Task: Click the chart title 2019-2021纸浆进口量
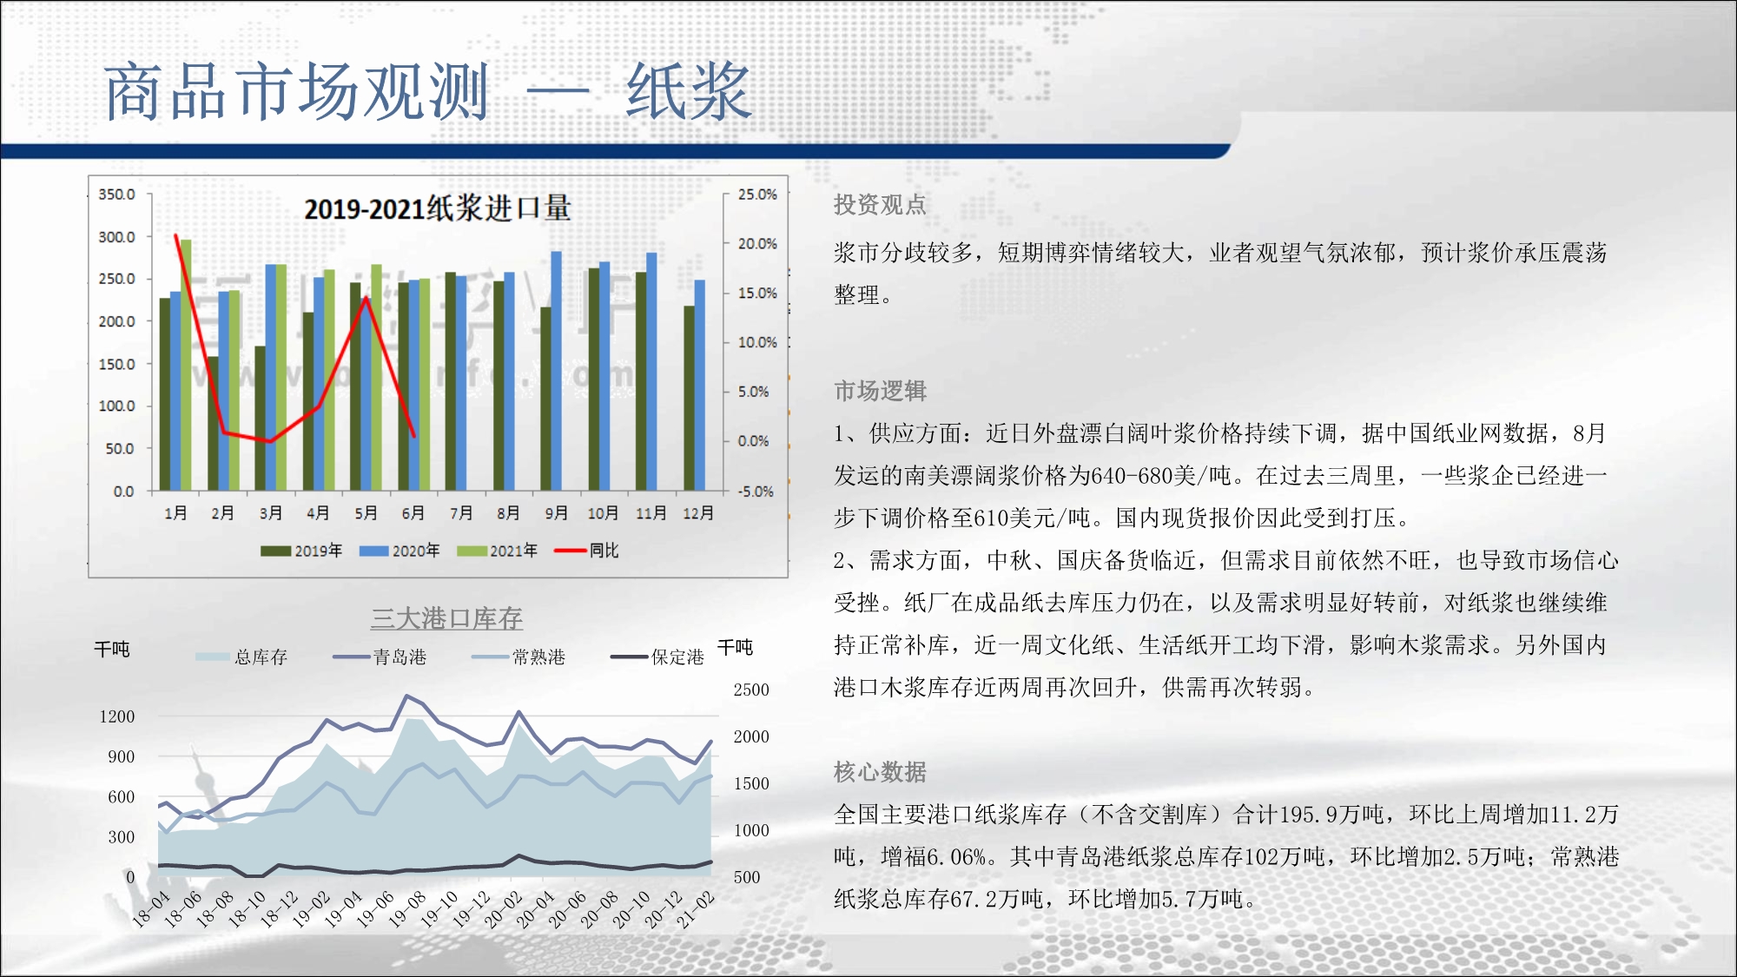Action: tap(438, 208)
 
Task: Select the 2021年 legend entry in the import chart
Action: tap(498, 551)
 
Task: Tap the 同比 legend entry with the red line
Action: tap(587, 551)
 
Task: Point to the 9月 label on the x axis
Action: tap(556, 513)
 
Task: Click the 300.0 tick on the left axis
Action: tap(116, 237)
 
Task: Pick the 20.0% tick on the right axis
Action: tap(757, 244)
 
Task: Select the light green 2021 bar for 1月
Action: tap(186, 365)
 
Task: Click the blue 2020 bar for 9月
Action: tap(557, 371)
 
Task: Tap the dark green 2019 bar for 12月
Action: tap(689, 398)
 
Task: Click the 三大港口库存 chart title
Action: tap(446, 618)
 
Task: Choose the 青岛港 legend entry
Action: tap(380, 657)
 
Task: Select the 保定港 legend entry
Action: tap(657, 657)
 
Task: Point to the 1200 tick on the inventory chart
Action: tap(117, 716)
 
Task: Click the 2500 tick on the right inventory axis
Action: tap(751, 690)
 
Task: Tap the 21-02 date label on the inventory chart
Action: tap(696, 909)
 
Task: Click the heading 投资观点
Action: tap(880, 205)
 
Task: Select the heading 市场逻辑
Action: tap(880, 391)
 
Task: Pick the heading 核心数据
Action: tap(880, 771)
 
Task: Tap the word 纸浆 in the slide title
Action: tap(688, 92)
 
